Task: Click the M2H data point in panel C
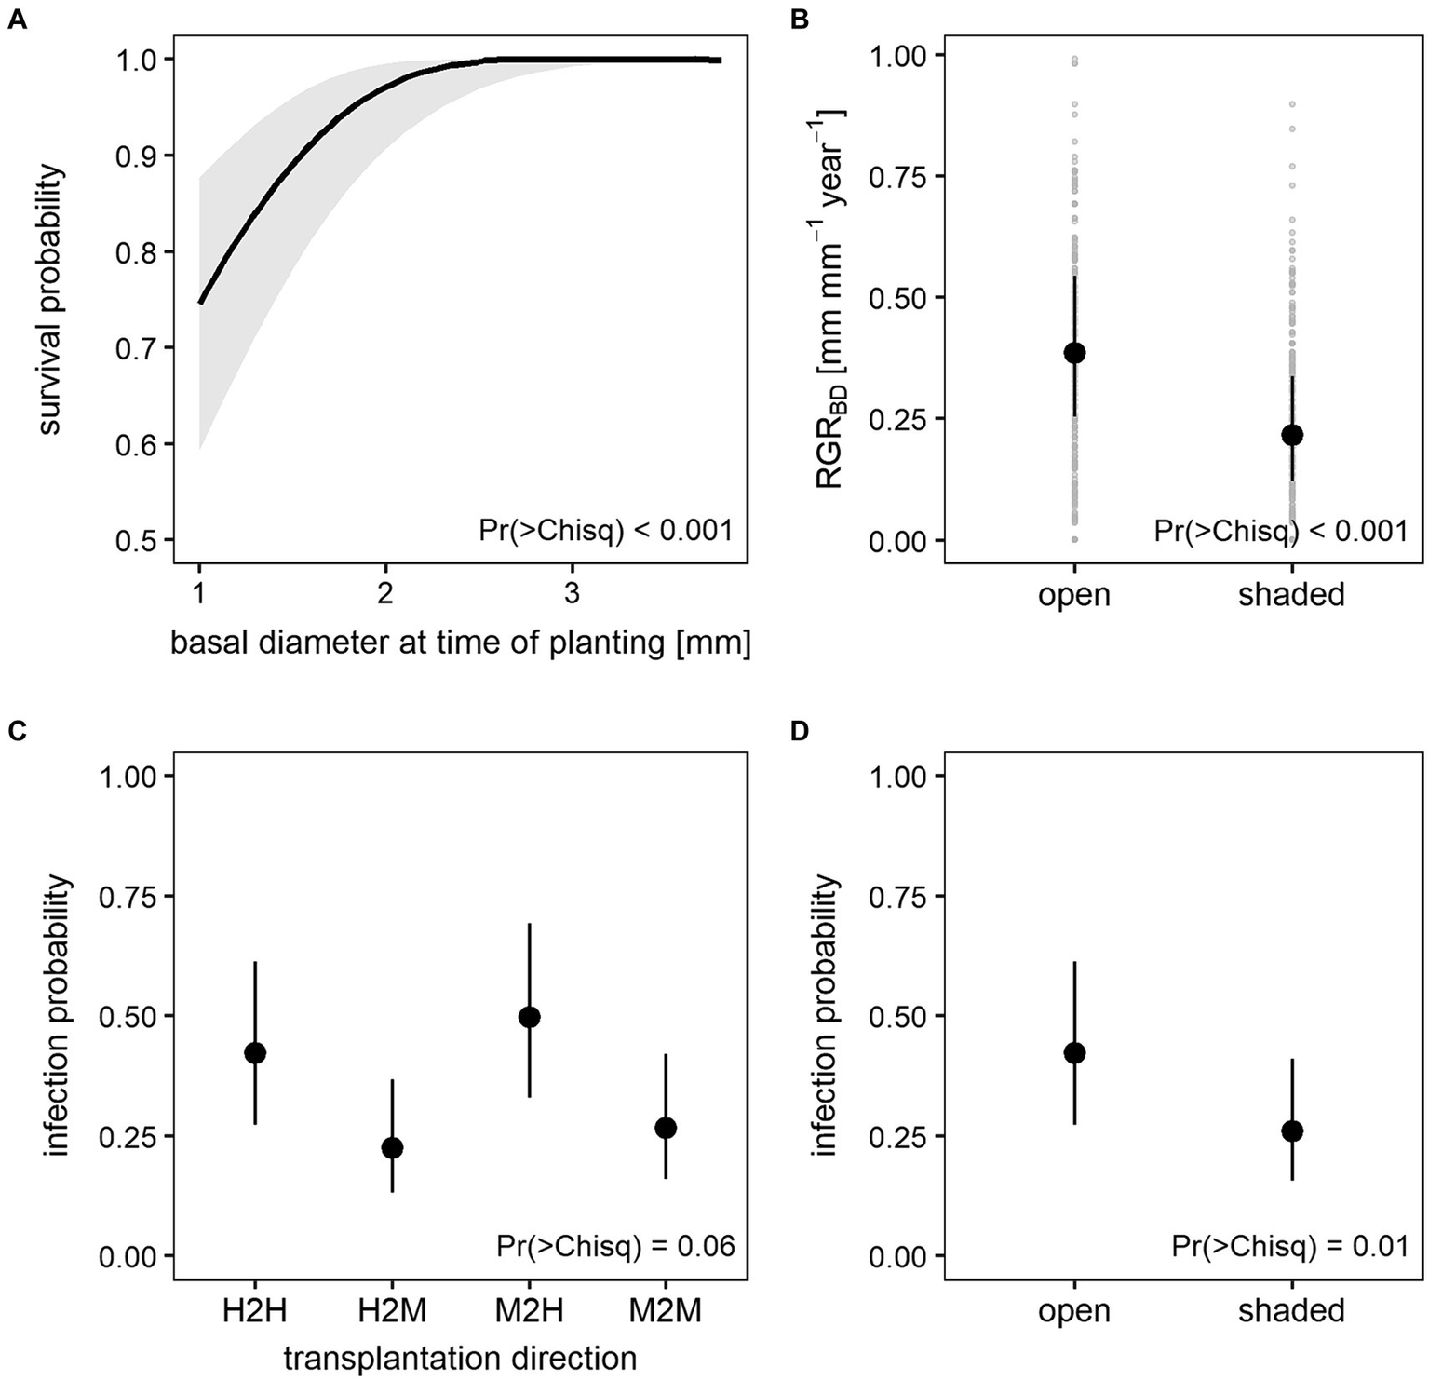pyautogui.click(x=529, y=1016)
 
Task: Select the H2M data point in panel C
pyautogui.click(x=392, y=1147)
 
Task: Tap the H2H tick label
pyautogui.click(x=255, y=1310)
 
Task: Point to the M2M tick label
pyautogui.click(x=665, y=1310)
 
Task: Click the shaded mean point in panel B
pyautogui.click(x=1291, y=435)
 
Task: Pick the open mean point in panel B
pyautogui.click(x=1074, y=352)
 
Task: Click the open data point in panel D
pyautogui.click(x=1074, y=1053)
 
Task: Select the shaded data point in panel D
pyautogui.click(x=1291, y=1131)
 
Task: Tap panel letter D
pyautogui.click(x=799, y=731)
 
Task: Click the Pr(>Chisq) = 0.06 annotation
pyautogui.click(x=615, y=1246)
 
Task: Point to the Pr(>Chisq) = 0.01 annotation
pyautogui.click(x=1289, y=1246)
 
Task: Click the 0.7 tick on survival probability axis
pyautogui.click(x=138, y=348)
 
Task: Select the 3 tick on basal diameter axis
pyautogui.click(x=572, y=593)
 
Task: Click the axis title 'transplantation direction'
pyautogui.click(x=460, y=1358)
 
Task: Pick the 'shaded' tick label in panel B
pyautogui.click(x=1291, y=594)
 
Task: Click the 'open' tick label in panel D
pyautogui.click(x=1074, y=1310)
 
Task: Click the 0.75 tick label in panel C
pyautogui.click(x=128, y=896)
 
